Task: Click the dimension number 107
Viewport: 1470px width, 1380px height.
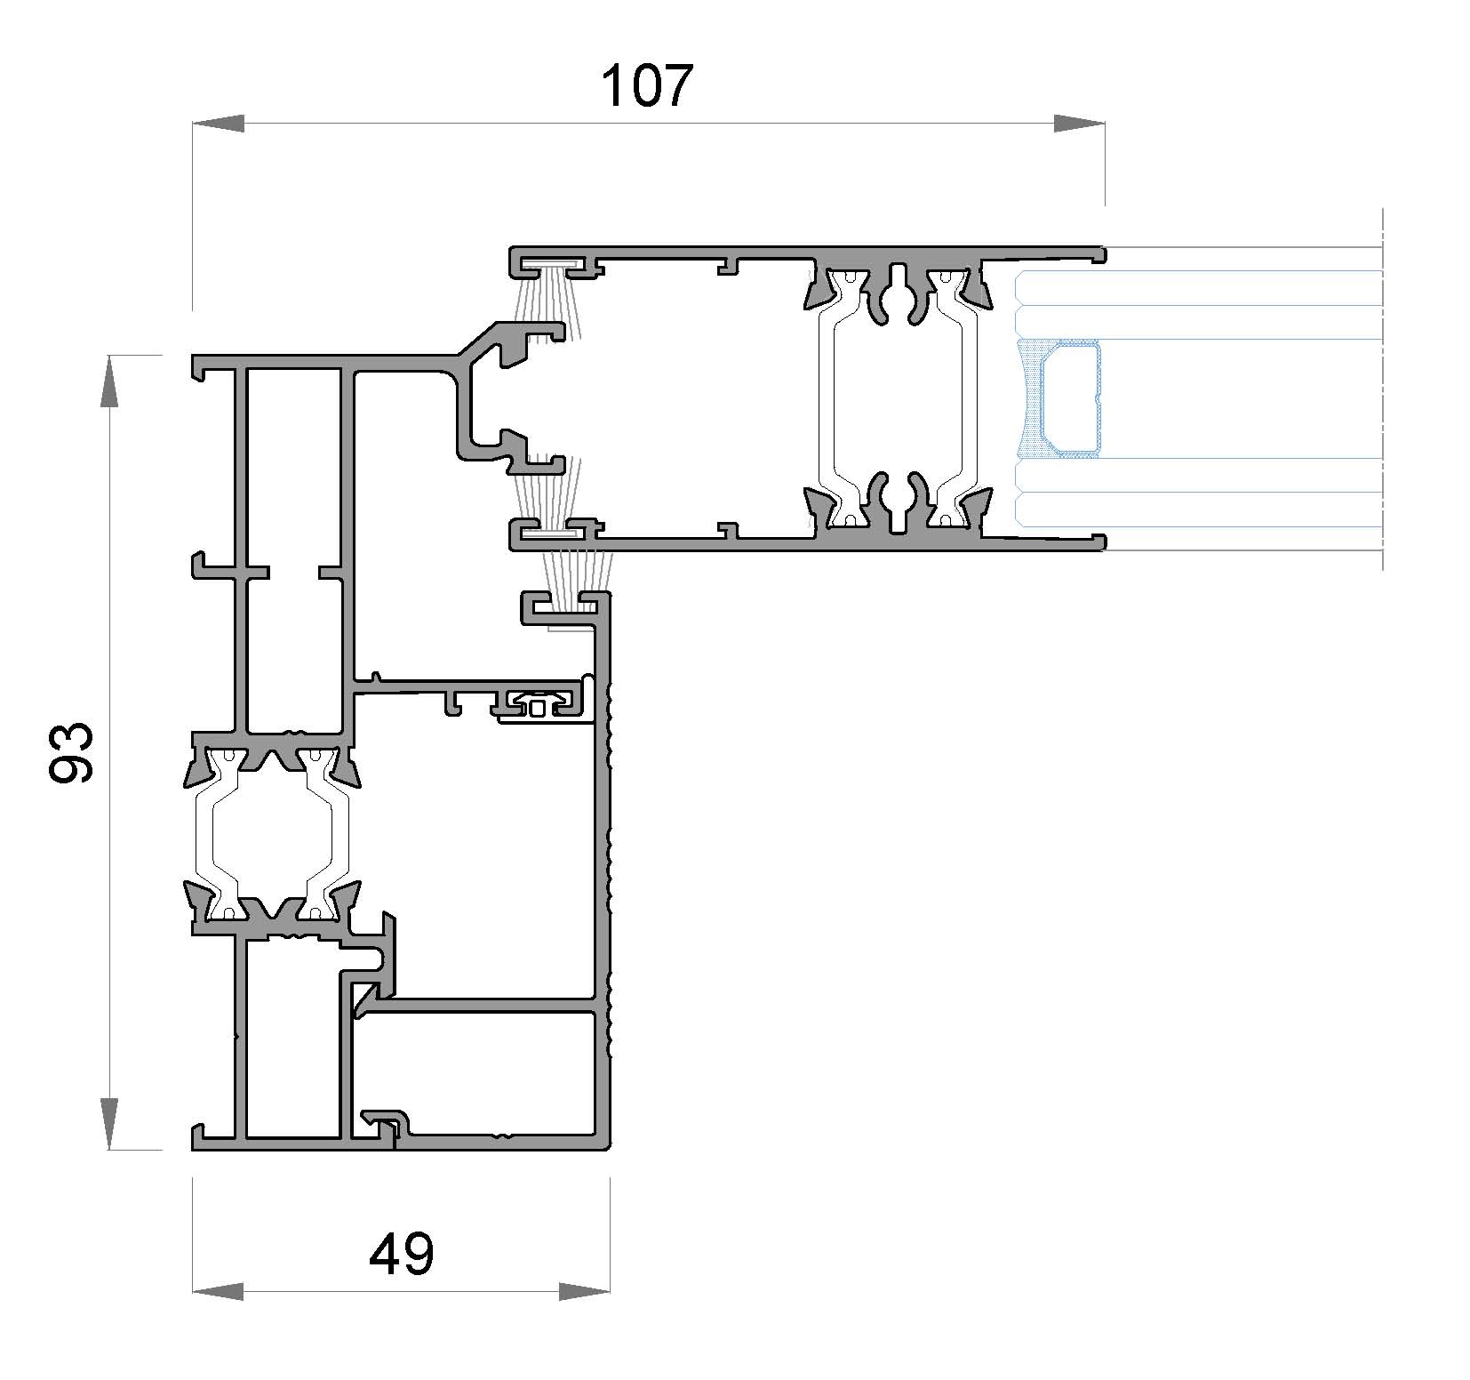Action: point(646,86)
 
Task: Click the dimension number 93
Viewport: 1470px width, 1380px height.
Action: point(70,752)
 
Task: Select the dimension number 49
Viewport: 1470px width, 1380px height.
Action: point(402,1255)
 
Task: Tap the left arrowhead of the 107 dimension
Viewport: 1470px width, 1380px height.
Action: point(218,124)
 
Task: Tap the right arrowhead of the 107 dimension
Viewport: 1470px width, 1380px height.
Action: point(1080,124)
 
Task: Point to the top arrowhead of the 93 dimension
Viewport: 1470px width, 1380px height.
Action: point(108,381)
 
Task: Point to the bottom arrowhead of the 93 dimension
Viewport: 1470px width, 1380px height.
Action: point(108,1123)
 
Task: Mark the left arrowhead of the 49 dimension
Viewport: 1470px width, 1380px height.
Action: point(218,1291)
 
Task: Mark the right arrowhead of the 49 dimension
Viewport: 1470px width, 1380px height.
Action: point(585,1291)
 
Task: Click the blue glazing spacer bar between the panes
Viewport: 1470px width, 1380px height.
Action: point(1071,399)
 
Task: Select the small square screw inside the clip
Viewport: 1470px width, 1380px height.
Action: point(538,708)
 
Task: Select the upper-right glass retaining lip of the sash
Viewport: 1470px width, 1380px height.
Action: point(1099,255)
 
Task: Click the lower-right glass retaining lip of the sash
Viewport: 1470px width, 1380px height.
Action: point(1099,542)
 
